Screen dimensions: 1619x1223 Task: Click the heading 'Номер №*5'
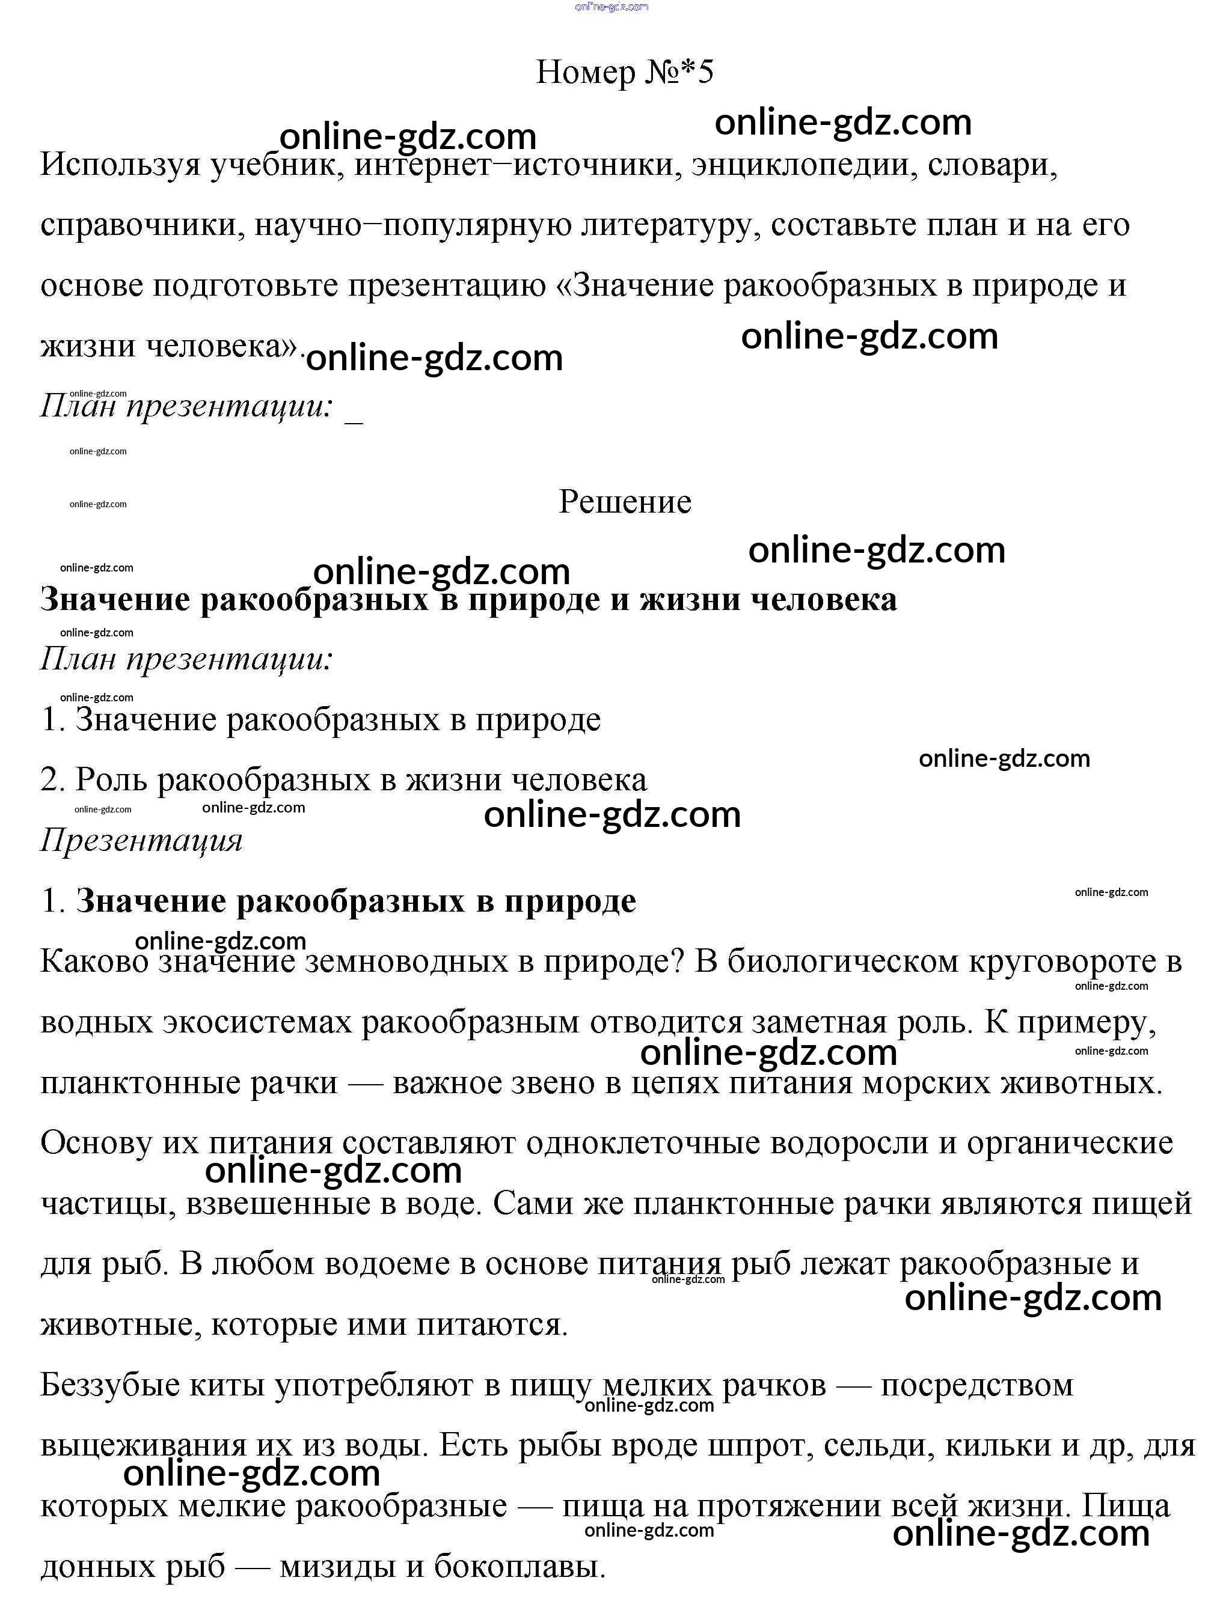click(x=624, y=72)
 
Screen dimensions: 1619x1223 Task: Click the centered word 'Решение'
click(x=625, y=502)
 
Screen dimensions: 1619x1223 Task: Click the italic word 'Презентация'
click(x=141, y=840)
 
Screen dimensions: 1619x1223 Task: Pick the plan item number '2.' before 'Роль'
click(x=53, y=779)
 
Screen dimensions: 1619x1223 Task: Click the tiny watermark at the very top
click(x=611, y=7)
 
